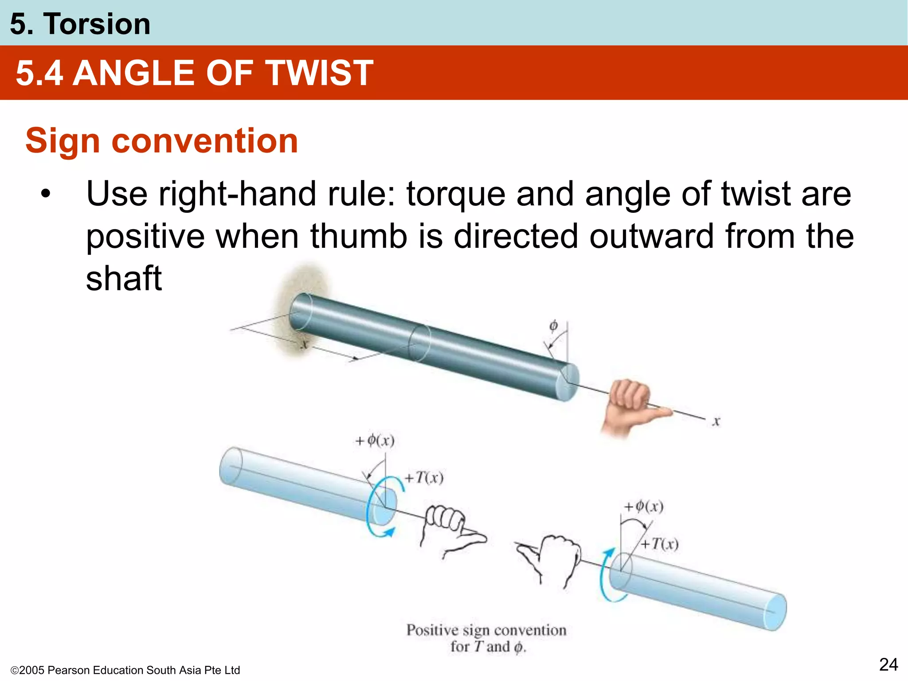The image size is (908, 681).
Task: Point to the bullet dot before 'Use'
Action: (45, 194)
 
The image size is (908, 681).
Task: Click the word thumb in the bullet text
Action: (358, 236)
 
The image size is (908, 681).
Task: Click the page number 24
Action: (888, 665)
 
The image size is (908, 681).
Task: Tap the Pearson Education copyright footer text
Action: (125, 670)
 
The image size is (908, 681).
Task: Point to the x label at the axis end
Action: (716, 421)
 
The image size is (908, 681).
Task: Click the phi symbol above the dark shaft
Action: (553, 326)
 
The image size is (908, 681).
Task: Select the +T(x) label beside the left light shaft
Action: (424, 478)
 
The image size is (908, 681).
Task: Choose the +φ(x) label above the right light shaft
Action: (644, 506)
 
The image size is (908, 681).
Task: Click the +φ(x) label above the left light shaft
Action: (375, 441)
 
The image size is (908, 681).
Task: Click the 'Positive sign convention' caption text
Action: (486, 630)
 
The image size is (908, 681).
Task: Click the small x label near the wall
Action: (304, 344)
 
